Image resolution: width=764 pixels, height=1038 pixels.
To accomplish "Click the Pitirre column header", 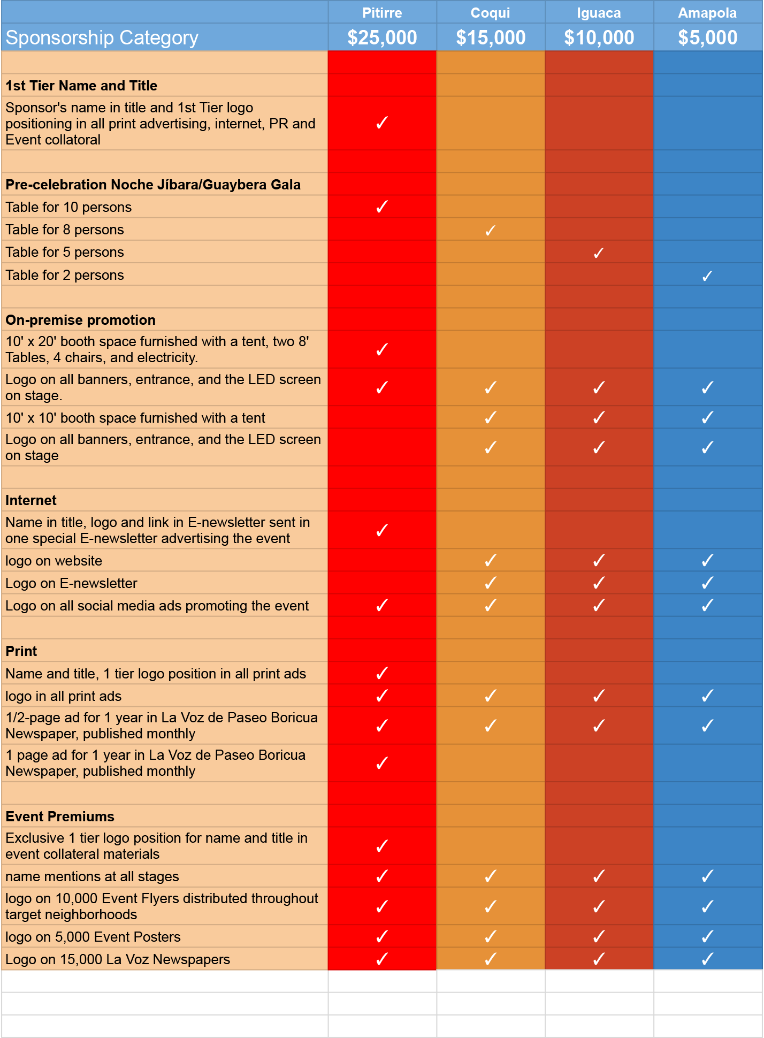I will [382, 13].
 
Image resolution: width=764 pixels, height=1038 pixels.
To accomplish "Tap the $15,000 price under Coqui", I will [491, 37].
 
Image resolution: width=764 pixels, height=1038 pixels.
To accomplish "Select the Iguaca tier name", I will [599, 13].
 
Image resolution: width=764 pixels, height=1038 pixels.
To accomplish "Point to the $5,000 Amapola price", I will [707, 37].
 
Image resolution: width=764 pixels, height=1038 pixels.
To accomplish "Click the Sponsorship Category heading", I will [102, 37].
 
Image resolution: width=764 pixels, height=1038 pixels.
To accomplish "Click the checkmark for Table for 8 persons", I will [490, 230].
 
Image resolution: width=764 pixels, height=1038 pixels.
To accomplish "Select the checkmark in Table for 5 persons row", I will [599, 253].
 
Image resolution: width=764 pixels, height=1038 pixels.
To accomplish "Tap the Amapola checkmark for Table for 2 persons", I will [707, 276].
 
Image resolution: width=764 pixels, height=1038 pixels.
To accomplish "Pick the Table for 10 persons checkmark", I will [382, 207].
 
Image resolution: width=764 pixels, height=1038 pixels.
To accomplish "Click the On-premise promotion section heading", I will [80, 320].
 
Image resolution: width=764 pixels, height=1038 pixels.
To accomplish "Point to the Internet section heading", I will [31, 500].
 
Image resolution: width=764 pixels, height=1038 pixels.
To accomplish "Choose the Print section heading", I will [21, 651].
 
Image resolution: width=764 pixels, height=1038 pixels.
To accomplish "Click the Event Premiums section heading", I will [60, 816].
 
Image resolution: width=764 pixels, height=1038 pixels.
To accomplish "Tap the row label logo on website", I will [54, 561].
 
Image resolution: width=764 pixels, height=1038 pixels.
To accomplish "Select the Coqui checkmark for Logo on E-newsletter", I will [490, 583].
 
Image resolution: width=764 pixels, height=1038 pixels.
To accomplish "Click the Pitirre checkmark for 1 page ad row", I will [382, 762].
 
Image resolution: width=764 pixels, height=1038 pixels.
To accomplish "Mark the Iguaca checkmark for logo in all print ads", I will [599, 696].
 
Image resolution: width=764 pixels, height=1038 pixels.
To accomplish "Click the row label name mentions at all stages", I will [92, 876].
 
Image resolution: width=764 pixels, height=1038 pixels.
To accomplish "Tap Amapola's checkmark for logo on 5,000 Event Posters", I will [707, 936].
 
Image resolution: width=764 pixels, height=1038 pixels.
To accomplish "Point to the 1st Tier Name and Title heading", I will [81, 86].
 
